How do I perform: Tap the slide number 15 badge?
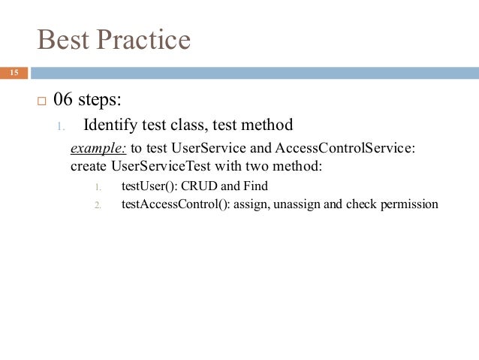[13, 73]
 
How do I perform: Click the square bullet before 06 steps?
[41, 100]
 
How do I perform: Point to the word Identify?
[111, 125]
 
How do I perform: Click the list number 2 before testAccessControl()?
[98, 204]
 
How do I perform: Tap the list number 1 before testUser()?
[98, 186]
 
